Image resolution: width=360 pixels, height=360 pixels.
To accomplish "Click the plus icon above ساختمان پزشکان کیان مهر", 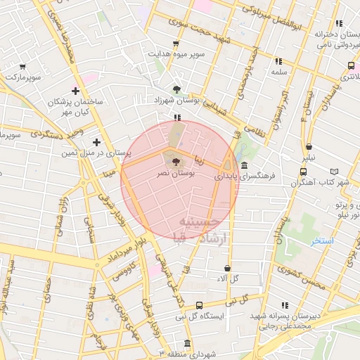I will [75, 91].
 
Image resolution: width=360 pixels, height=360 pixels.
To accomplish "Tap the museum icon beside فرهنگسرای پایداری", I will [244, 166].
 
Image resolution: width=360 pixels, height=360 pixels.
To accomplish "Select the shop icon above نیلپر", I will [309, 147].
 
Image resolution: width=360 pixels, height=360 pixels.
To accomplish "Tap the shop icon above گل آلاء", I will [227, 268].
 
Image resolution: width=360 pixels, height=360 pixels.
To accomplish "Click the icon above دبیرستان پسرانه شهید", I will [285, 305].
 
